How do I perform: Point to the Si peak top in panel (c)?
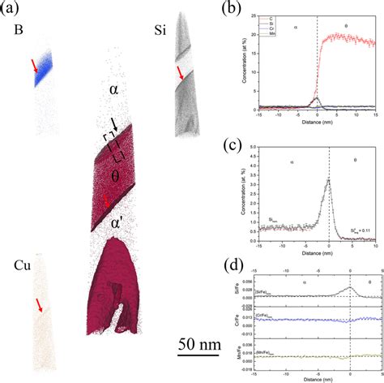click(x=327, y=178)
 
